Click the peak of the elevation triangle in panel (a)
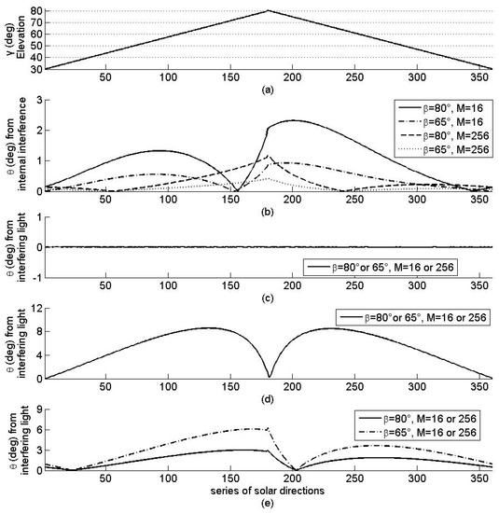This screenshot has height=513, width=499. (268, 10)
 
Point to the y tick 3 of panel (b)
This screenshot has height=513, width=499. (37, 98)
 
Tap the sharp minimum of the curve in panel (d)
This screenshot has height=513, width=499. (269, 376)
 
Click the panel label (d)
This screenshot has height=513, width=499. (268, 396)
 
